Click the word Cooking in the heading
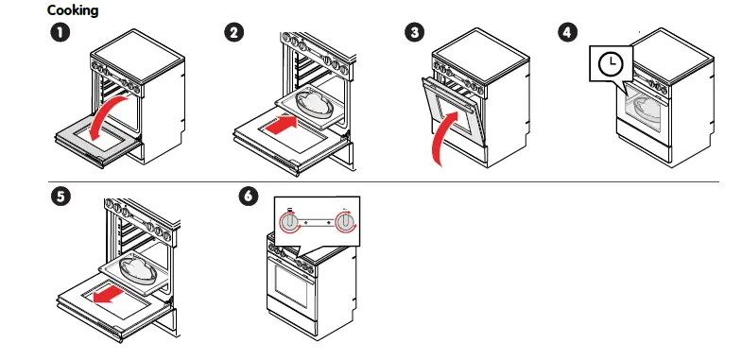tap(72, 9)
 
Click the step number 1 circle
tap(60, 32)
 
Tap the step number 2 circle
tap(234, 32)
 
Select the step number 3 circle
tap(413, 32)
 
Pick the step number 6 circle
tap(248, 197)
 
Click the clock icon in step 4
tap(612, 64)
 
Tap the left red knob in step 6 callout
tap(291, 222)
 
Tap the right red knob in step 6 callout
tap(348, 222)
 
